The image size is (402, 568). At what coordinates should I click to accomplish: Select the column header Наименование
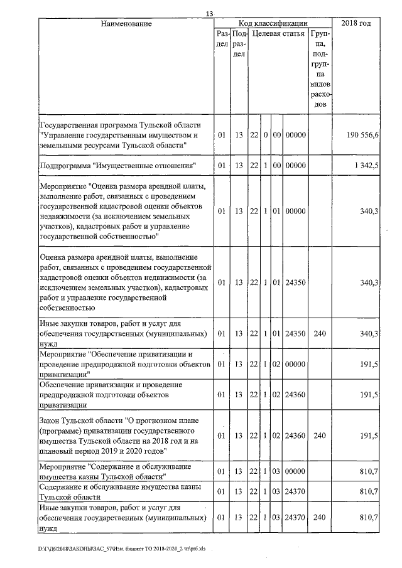(x=126, y=24)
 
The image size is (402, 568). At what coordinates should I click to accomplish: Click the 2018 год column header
(x=356, y=24)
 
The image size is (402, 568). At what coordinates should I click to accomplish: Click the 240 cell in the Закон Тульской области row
(x=320, y=436)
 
